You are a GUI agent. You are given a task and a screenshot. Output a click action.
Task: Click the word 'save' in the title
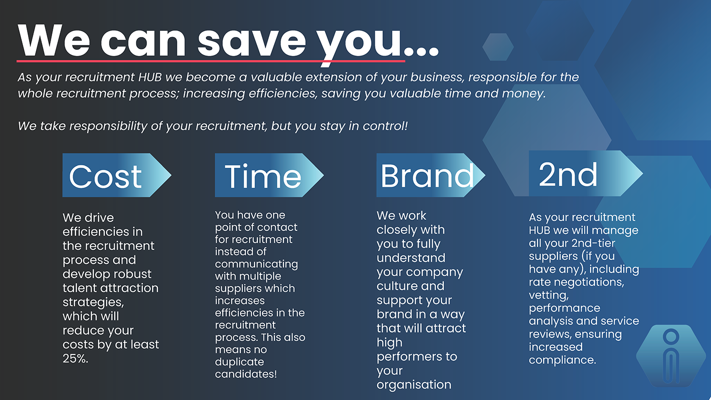pos(252,41)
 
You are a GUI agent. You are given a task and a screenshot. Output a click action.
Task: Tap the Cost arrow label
pos(117,175)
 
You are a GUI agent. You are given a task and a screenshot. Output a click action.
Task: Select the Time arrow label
pos(269,175)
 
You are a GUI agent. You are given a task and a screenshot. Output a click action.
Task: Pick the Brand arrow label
pos(431,175)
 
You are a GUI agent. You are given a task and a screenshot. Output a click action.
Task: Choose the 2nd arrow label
pos(586,173)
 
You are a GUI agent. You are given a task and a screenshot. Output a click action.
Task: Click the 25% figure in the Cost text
pos(75,358)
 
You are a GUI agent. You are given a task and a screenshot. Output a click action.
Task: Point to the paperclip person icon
pos(671,356)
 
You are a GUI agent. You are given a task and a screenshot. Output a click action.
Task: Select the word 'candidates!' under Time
pos(246,374)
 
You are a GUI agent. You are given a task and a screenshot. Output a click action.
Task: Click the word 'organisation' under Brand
pos(414,385)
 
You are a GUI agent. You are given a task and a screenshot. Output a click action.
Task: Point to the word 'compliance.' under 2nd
pos(563,360)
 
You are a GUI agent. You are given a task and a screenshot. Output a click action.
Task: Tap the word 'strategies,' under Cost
pos(93,302)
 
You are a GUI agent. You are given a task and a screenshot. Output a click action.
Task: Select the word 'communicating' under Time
pos(256,264)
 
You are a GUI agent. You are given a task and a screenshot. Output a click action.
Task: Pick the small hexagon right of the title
pos(498,47)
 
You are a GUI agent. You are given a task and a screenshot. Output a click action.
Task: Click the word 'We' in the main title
pos(54,41)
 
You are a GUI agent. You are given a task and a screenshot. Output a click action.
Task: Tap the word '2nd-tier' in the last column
pos(593,243)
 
